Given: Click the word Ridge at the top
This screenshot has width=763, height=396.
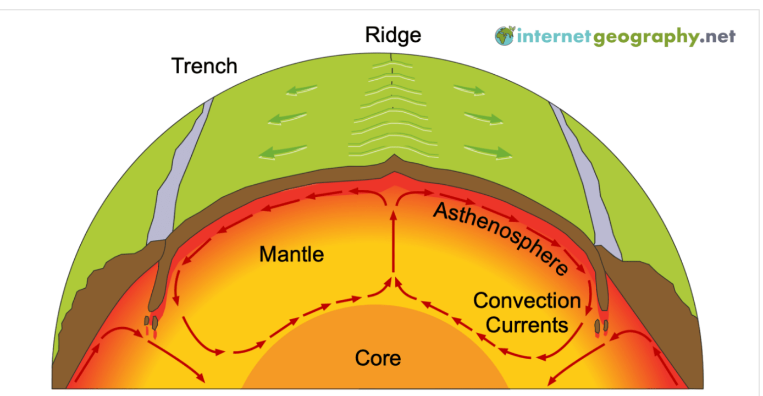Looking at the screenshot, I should click(x=393, y=35).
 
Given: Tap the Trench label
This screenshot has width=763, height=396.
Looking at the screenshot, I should click(x=204, y=66).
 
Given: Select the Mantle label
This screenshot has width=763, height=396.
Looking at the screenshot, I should click(x=291, y=254).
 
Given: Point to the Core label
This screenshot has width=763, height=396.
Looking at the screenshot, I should click(x=378, y=358).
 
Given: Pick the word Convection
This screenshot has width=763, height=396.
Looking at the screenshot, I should click(x=527, y=301).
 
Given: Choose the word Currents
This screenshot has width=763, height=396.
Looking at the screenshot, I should click(x=527, y=324).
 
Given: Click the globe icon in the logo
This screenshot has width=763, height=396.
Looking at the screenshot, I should click(x=504, y=36).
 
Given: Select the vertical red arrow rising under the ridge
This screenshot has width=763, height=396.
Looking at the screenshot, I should click(x=393, y=242).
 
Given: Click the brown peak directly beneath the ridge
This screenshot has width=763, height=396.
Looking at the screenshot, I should click(x=392, y=162).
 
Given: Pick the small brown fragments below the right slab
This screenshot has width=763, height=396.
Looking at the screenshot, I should click(x=601, y=326).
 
